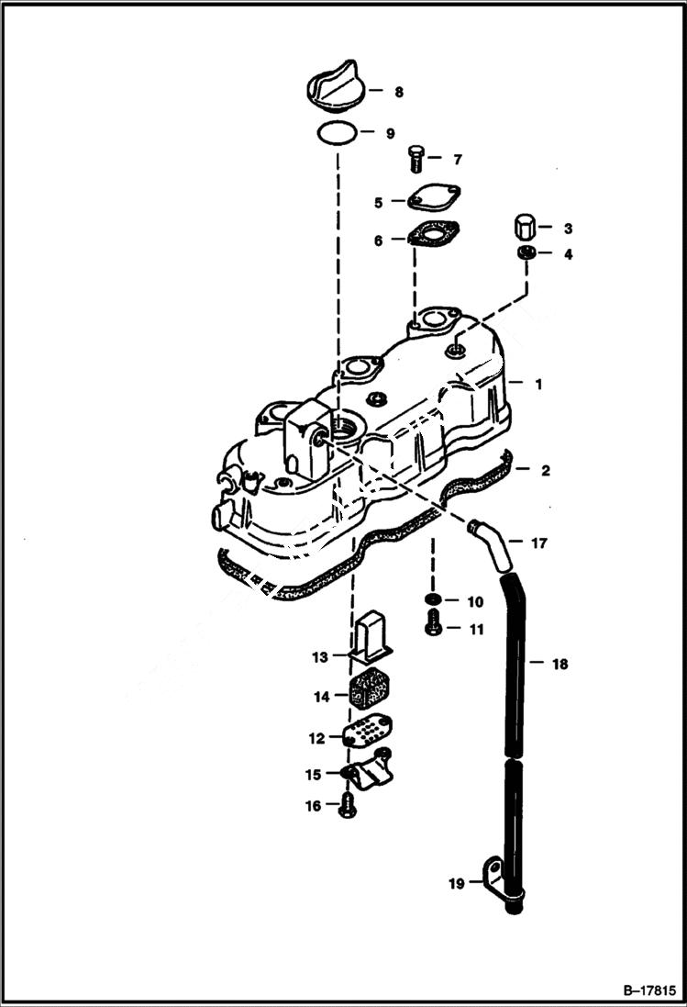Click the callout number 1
point(538,385)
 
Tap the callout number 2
point(545,471)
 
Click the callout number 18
point(560,663)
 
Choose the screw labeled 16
point(348,807)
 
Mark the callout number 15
point(314,774)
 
